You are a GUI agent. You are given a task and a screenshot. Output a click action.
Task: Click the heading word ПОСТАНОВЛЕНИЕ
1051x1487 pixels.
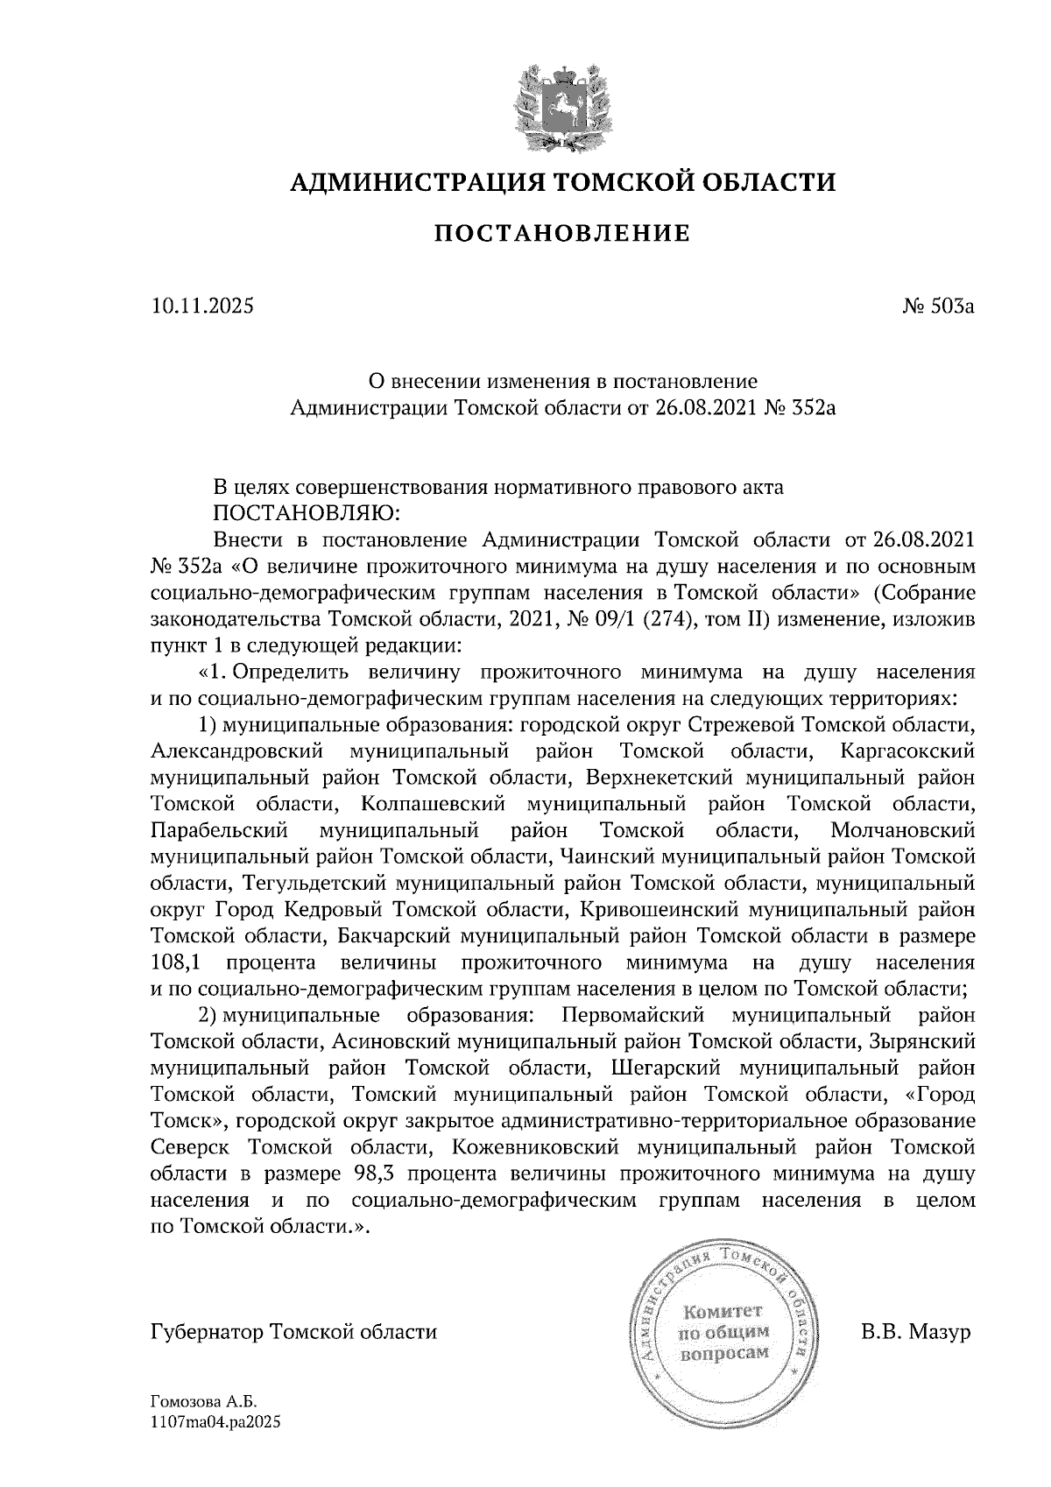tap(562, 233)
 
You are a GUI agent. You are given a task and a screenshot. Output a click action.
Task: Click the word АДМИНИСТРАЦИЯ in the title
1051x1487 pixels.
tap(407, 182)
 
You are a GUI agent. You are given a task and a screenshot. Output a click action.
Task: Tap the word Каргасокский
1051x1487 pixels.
tap(906, 751)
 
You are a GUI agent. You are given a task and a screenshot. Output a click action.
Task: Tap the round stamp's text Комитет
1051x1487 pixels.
tap(723, 1311)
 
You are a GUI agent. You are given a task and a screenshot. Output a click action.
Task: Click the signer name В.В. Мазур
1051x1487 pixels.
tap(916, 1332)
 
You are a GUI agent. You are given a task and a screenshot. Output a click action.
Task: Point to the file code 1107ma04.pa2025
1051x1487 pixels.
tap(215, 1423)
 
